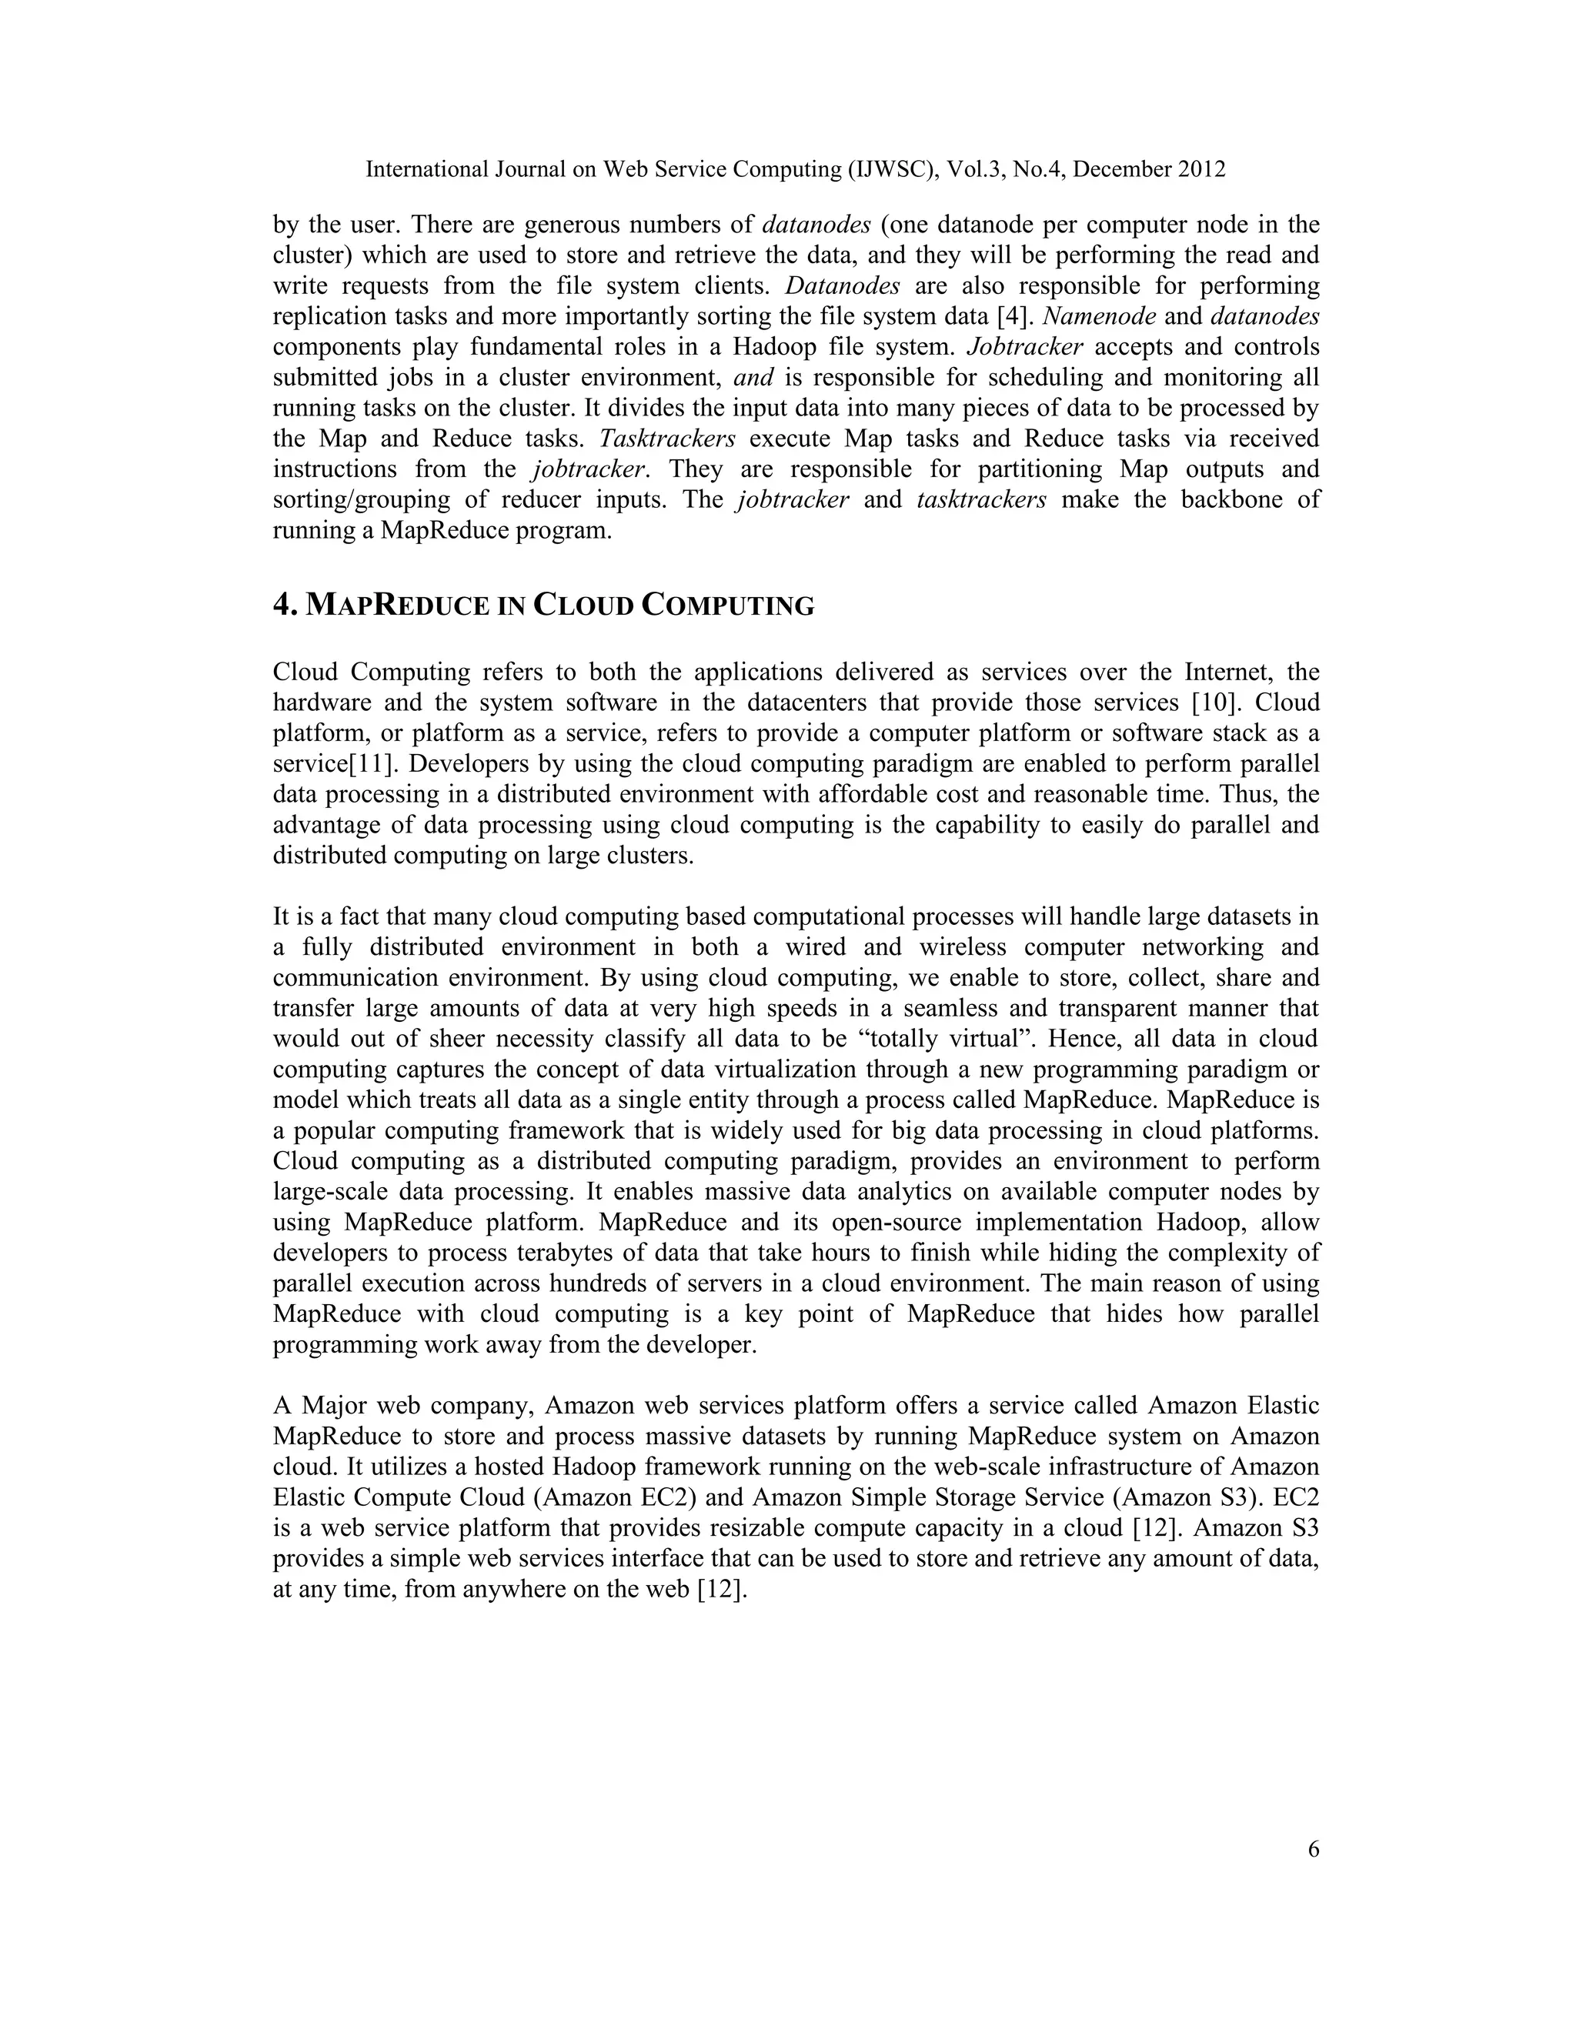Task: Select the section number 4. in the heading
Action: click(x=285, y=605)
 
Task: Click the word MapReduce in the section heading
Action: click(x=398, y=606)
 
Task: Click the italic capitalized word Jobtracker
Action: click(x=1024, y=346)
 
